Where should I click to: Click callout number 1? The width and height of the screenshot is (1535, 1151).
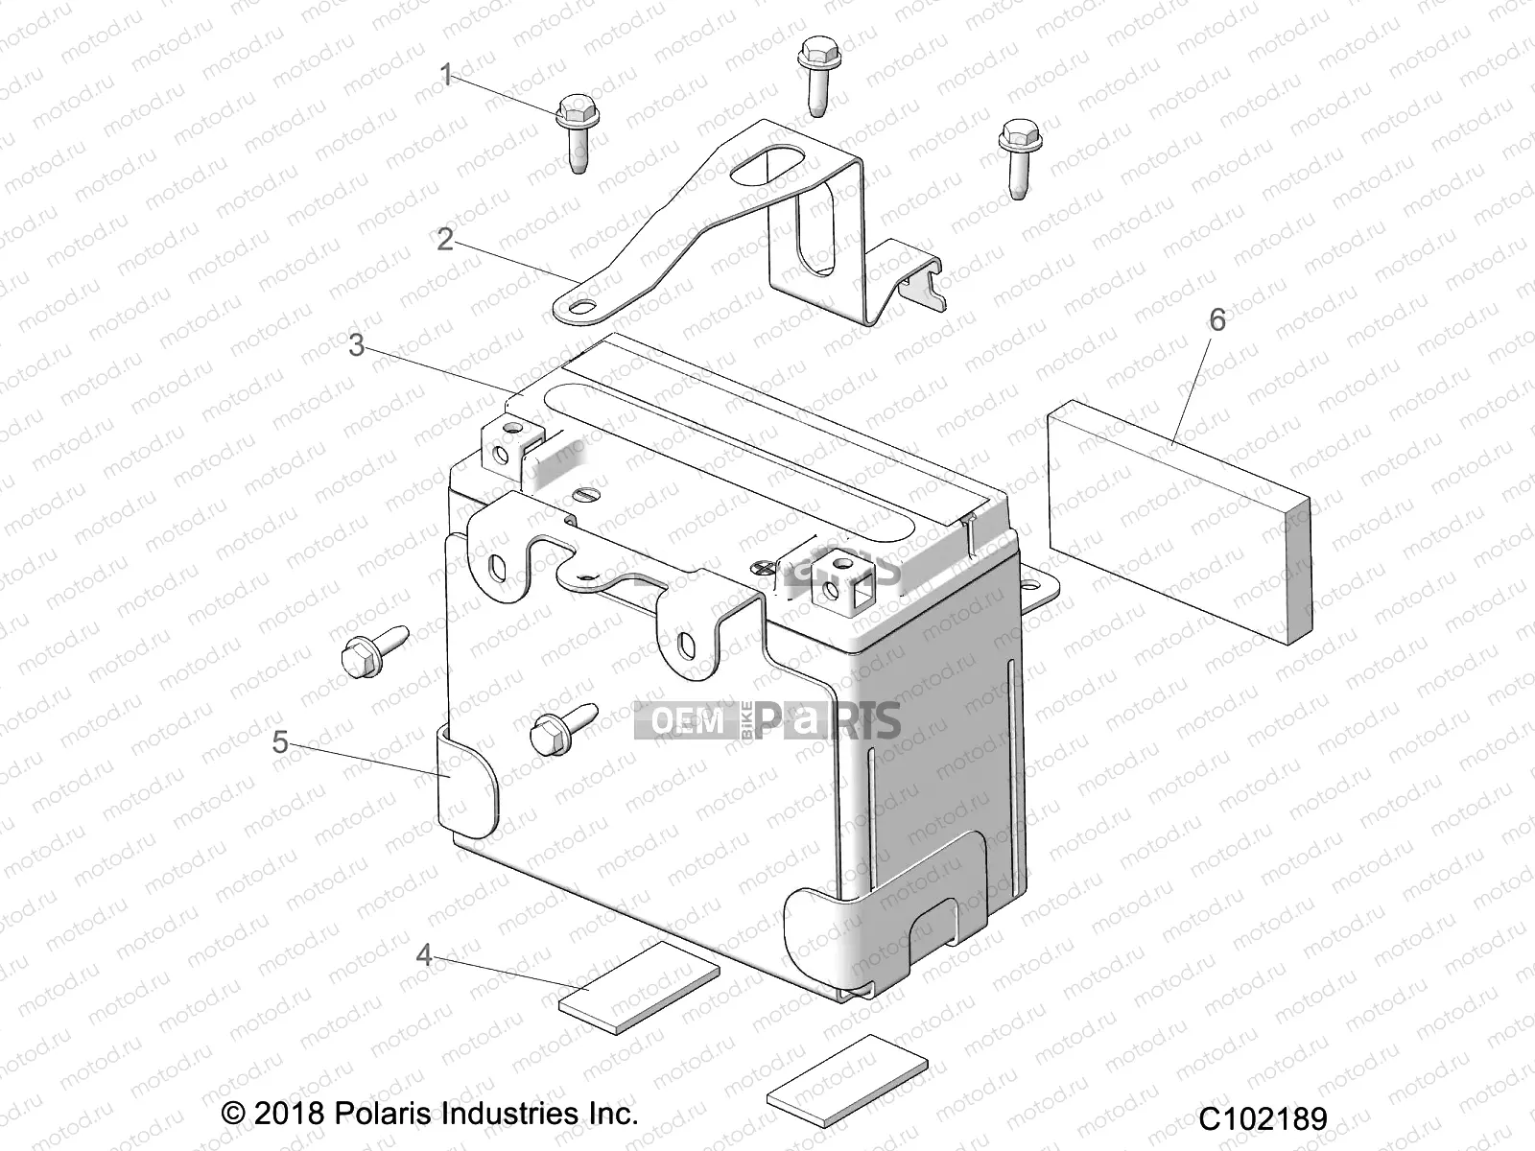[445, 75]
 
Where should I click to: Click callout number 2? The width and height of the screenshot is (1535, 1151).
[444, 239]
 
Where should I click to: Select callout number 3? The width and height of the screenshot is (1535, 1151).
[356, 345]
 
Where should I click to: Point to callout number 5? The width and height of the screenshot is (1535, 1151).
[279, 741]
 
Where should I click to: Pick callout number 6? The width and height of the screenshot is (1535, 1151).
[1216, 319]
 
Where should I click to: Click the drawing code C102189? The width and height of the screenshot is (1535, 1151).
[1263, 1118]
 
